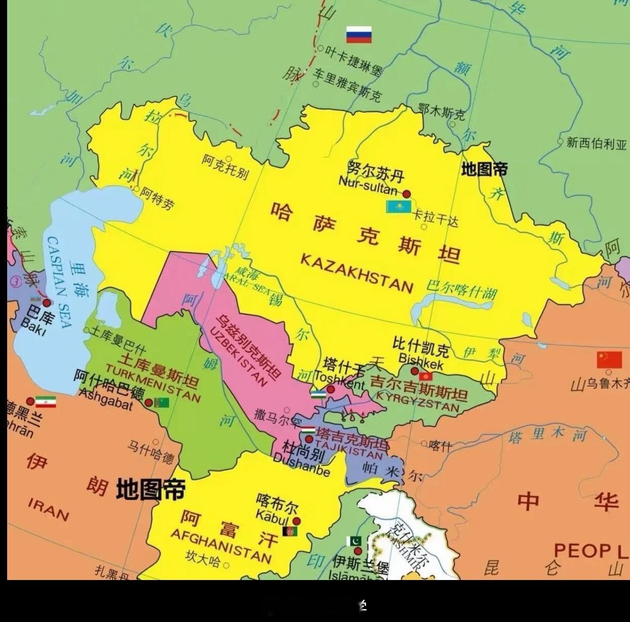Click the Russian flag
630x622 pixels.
pyautogui.click(x=358, y=35)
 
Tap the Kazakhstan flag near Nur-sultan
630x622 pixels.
pyautogui.click(x=399, y=207)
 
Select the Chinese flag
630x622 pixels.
pyautogui.click(x=609, y=360)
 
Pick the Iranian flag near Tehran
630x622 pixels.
pyautogui.click(x=46, y=402)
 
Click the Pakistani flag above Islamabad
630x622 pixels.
pyautogui.click(x=354, y=541)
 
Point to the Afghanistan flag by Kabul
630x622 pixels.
pyautogui.click(x=290, y=531)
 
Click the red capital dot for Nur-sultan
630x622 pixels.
pyautogui.click(x=407, y=194)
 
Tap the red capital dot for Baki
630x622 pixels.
pyautogui.click(x=46, y=303)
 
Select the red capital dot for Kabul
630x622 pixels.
pyautogui.click(x=297, y=521)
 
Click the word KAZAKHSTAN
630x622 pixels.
pyautogui.click(x=357, y=273)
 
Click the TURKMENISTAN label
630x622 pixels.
pyautogui.click(x=153, y=383)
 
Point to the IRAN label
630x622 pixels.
pyautogui.click(x=48, y=508)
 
